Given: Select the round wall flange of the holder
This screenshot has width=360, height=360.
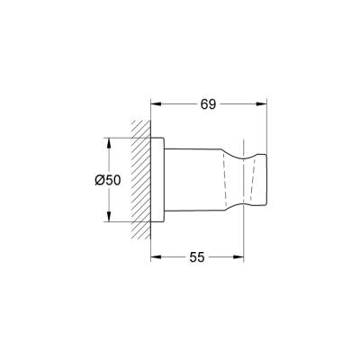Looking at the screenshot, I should (158, 180).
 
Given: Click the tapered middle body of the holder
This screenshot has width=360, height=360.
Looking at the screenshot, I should (198, 180).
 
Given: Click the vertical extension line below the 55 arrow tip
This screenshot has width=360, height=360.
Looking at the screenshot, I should (244, 238).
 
